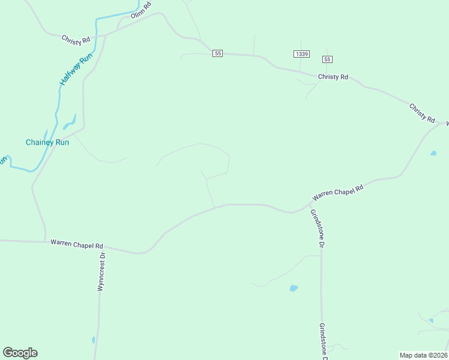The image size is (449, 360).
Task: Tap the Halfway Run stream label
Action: (x=77, y=70)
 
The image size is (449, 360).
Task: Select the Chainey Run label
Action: (x=47, y=142)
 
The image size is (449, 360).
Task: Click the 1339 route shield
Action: (x=301, y=54)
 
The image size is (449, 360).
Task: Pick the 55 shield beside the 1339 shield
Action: (x=327, y=59)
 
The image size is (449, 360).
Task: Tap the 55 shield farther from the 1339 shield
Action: (x=217, y=53)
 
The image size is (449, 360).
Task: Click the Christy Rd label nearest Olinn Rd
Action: (x=76, y=39)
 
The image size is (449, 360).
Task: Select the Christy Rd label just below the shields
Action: (x=333, y=77)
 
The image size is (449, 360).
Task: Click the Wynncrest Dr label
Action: (x=101, y=272)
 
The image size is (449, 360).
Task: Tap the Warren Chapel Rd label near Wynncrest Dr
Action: (x=77, y=244)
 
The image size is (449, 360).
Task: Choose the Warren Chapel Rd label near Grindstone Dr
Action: (x=338, y=193)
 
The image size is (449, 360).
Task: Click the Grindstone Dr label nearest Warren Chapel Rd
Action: (x=317, y=229)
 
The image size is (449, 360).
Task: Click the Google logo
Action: (x=20, y=353)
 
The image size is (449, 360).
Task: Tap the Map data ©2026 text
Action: (x=424, y=355)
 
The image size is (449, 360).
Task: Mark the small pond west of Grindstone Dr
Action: (x=294, y=288)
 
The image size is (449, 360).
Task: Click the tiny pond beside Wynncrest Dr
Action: (x=94, y=340)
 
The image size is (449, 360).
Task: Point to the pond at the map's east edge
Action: (x=433, y=154)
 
